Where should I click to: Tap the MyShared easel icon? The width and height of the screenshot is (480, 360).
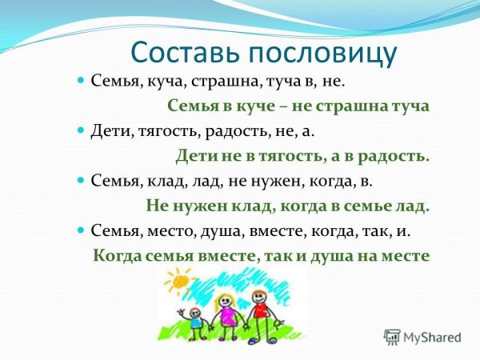[x=392, y=337]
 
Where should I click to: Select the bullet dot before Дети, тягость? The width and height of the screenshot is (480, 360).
[x=80, y=130]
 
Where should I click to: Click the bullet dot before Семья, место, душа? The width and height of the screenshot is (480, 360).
[x=80, y=230]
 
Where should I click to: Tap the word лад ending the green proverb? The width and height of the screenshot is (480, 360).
[x=414, y=205]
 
